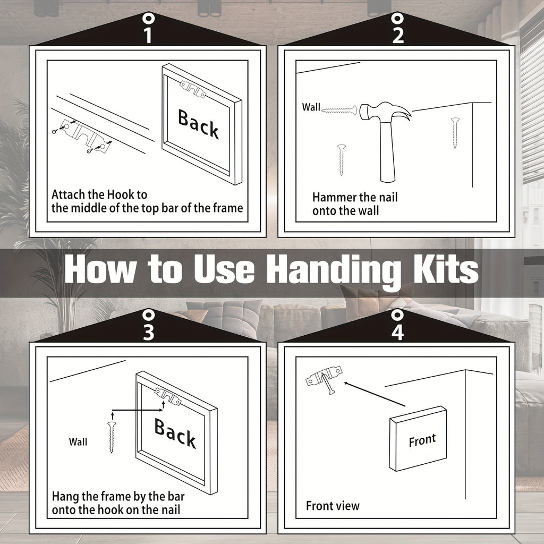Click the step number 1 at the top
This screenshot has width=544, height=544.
click(x=148, y=36)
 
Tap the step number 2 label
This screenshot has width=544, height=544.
click(x=397, y=36)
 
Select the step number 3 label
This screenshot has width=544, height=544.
click(x=149, y=332)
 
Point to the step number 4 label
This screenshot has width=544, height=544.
click(x=397, y=332)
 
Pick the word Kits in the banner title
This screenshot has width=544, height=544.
click(x=446, y=268)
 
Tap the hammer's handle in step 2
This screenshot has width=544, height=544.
click(x=387, y=151)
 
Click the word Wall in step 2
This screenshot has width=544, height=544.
click(x=311, y=107)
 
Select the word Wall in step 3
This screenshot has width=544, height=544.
click(x=78, y=441)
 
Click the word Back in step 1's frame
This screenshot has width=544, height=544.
click(x=199, y=124)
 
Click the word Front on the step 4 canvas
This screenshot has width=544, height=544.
click(x=422, y=440)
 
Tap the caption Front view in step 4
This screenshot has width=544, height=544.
click(x=333, y=506)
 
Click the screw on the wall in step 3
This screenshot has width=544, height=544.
click(x=112, y=437)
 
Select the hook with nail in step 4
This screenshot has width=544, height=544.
click(x=324, y=379)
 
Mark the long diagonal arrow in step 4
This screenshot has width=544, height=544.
click(x=375, y=394)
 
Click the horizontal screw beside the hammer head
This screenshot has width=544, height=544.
click(x=339, y=110)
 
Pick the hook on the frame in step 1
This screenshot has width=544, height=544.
click(x=193, y=89)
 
